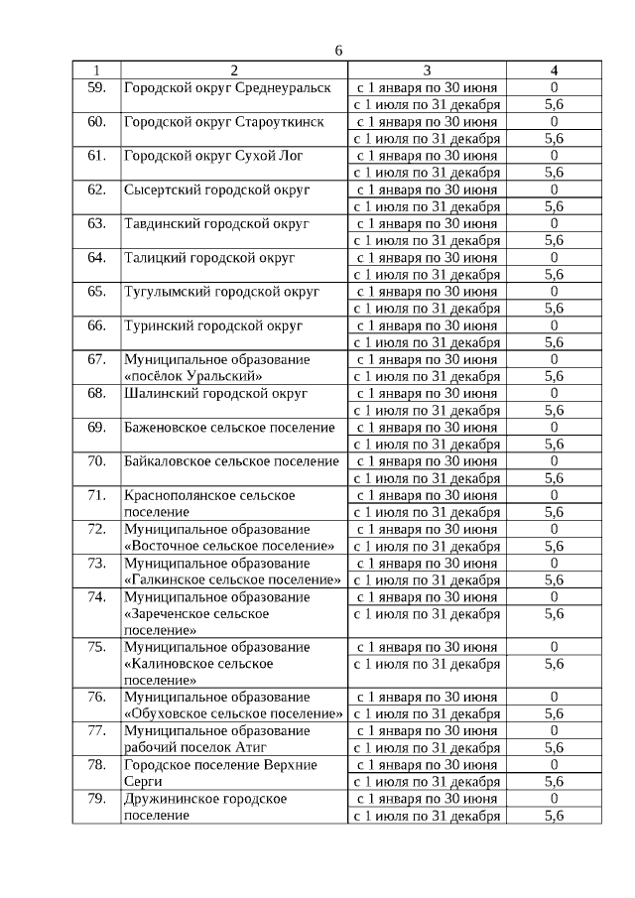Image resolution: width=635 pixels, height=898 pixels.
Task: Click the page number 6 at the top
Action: pos(338,51)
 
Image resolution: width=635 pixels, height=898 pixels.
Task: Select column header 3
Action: pos(427,70)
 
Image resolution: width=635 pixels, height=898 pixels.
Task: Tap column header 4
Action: pos(554,70)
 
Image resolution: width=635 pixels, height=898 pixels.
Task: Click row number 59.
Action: pos(96,87)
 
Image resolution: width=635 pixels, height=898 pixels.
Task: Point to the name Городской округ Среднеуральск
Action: pos(227,87)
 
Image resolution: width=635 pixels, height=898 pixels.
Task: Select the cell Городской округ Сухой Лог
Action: pos(213,156)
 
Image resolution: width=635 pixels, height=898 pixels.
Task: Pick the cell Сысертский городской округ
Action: pos(216,190)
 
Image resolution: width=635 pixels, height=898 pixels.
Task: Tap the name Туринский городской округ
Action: pos(212,325)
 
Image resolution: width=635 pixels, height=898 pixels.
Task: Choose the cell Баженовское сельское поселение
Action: pos(229,428)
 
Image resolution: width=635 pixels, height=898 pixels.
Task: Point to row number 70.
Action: pos(96,461)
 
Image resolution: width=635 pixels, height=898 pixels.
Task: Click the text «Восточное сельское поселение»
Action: pos(229,546)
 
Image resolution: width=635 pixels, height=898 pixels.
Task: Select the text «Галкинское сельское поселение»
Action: pos(232,579)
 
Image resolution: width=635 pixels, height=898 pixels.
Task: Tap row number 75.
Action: pos(96,647)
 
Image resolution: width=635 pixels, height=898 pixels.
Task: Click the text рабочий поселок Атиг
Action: pos(194,747)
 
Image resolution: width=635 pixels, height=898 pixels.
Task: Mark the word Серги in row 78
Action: pos(143,782)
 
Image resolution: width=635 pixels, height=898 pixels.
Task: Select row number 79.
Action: pos(96,799)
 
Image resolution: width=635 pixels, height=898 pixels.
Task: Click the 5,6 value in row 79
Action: pos(554,816)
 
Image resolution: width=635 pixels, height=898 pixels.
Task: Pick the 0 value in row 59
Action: pos(554,87)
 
